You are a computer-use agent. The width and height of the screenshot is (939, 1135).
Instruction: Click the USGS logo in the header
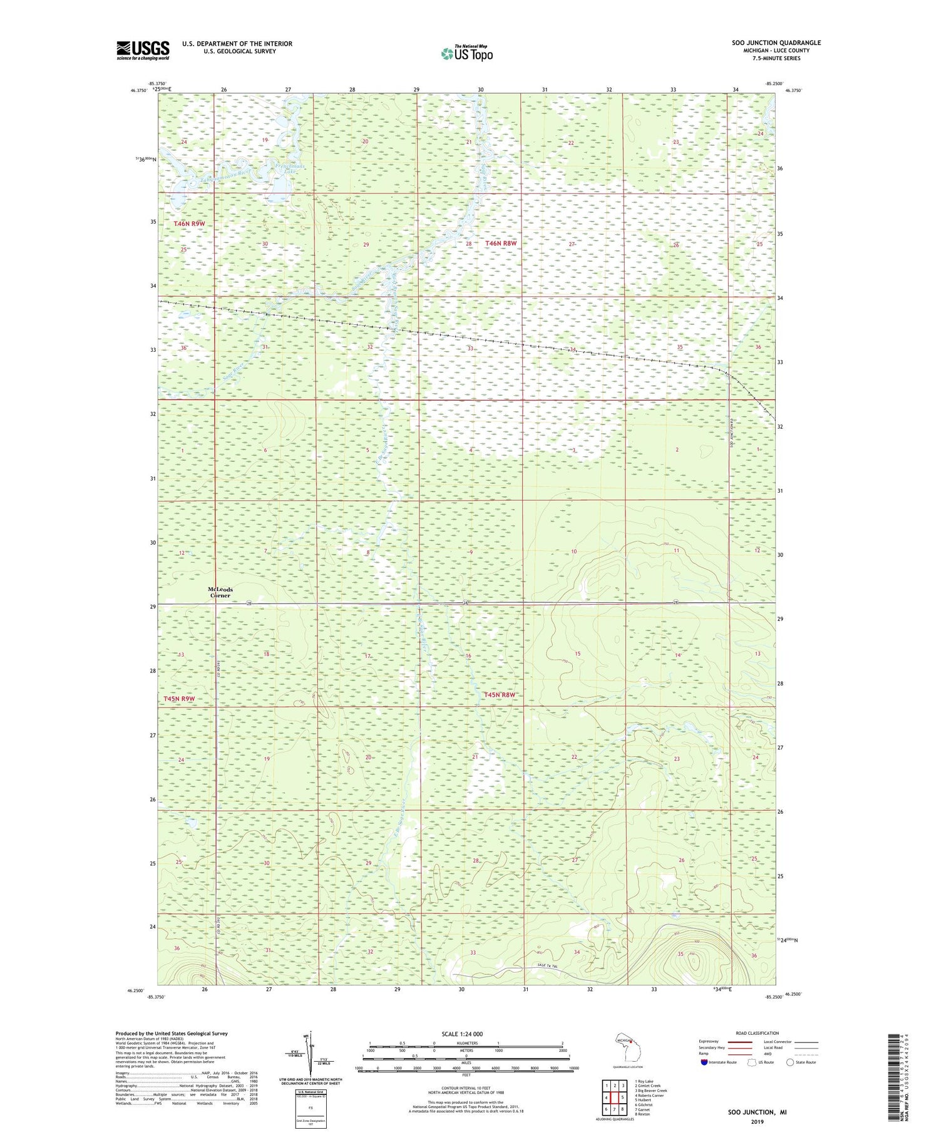coord(143,50)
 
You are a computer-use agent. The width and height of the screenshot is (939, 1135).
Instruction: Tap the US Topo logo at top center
coord(466,54)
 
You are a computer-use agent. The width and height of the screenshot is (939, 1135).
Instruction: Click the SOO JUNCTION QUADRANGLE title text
coord(776,43)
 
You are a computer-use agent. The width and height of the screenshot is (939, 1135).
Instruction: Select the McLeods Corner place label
coord(220,592)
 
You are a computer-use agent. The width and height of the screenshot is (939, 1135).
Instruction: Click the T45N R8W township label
coord(501,694)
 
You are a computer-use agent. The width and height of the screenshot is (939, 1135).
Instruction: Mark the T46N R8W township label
coord(501,243)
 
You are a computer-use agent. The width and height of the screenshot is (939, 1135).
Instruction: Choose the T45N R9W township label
coord(179,699)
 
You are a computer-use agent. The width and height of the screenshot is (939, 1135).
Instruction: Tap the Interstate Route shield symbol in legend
coord(704,1062)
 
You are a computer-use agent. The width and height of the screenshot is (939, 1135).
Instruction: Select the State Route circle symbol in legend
coord(790,1062)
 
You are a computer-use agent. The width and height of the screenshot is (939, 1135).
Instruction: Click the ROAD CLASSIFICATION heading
coord(757,1033)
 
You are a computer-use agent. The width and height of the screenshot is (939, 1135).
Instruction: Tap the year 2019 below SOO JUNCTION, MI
coord(757,1122)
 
